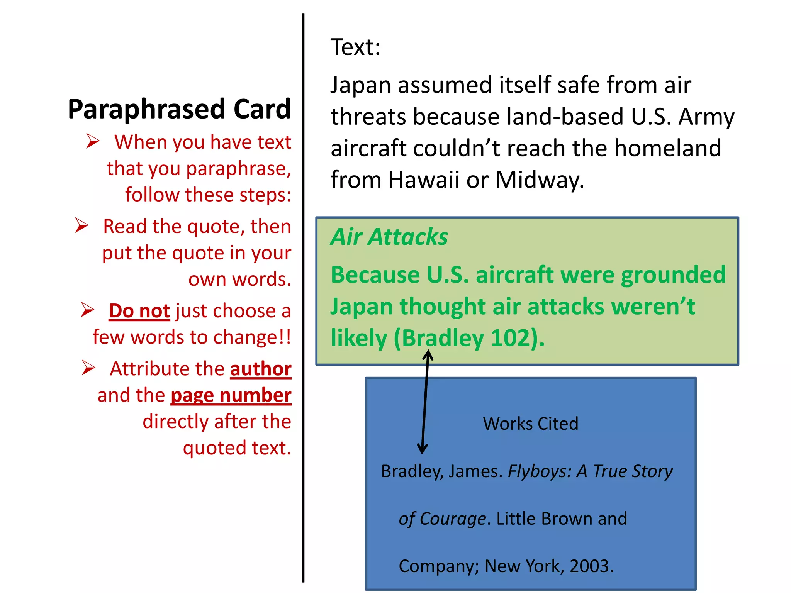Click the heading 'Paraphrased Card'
pos(179,109)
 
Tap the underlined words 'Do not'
pos(139,311)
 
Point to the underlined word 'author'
pos(261,369)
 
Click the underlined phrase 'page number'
pos(231,395)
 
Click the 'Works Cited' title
pos(530,424)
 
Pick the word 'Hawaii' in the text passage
pos(424,180)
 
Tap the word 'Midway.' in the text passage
pos(540,180)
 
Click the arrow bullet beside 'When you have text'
pos(93,141)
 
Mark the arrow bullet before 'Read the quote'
pos(81,225)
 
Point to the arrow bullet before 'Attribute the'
pos(88,368)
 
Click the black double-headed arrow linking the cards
pos(425,402)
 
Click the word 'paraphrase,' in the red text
pos(238,169)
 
